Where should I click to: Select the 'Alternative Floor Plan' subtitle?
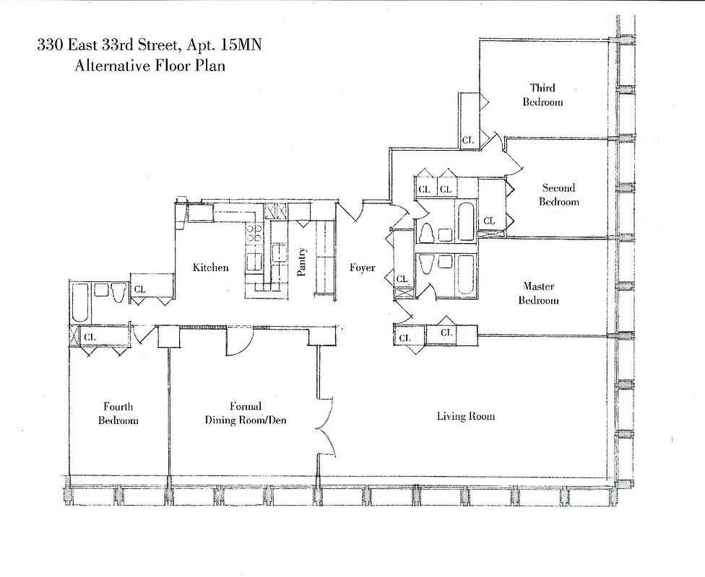pos(150,66)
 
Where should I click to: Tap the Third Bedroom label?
pos(542,94)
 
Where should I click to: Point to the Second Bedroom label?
pos(558,195)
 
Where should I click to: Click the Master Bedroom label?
pos(538,293)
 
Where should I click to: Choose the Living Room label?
pos(465,416)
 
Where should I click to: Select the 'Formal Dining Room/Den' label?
pos(246,413)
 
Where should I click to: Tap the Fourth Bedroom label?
pos(118,413)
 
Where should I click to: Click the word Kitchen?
pos(210,268)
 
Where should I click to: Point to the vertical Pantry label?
pos(302,262)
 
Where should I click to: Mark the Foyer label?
pos(362,268)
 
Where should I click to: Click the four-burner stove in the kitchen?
pos(254,233)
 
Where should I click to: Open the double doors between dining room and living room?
pos(326,426)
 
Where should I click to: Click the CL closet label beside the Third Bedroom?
pos(467,140)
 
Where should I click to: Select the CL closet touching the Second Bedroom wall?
pos(489,221)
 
